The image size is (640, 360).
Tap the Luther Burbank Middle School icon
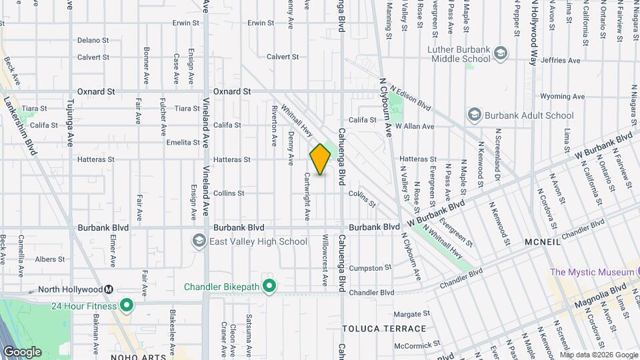coord(501,53)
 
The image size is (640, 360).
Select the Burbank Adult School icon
coord(475,115)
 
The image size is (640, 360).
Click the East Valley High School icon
coord(199,241)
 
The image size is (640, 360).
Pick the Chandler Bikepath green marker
coord(269,287)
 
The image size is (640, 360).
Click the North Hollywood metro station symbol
coord(108,289)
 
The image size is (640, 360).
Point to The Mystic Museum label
coord(591,272)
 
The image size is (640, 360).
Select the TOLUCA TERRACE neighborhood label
coord(384,329)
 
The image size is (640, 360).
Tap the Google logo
coord(22,351)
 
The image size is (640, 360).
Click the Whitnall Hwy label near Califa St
coord(297,121)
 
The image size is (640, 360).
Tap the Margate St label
coord(411,313)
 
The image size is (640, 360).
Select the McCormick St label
coord(417,345)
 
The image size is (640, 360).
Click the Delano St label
coord(93,40)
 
